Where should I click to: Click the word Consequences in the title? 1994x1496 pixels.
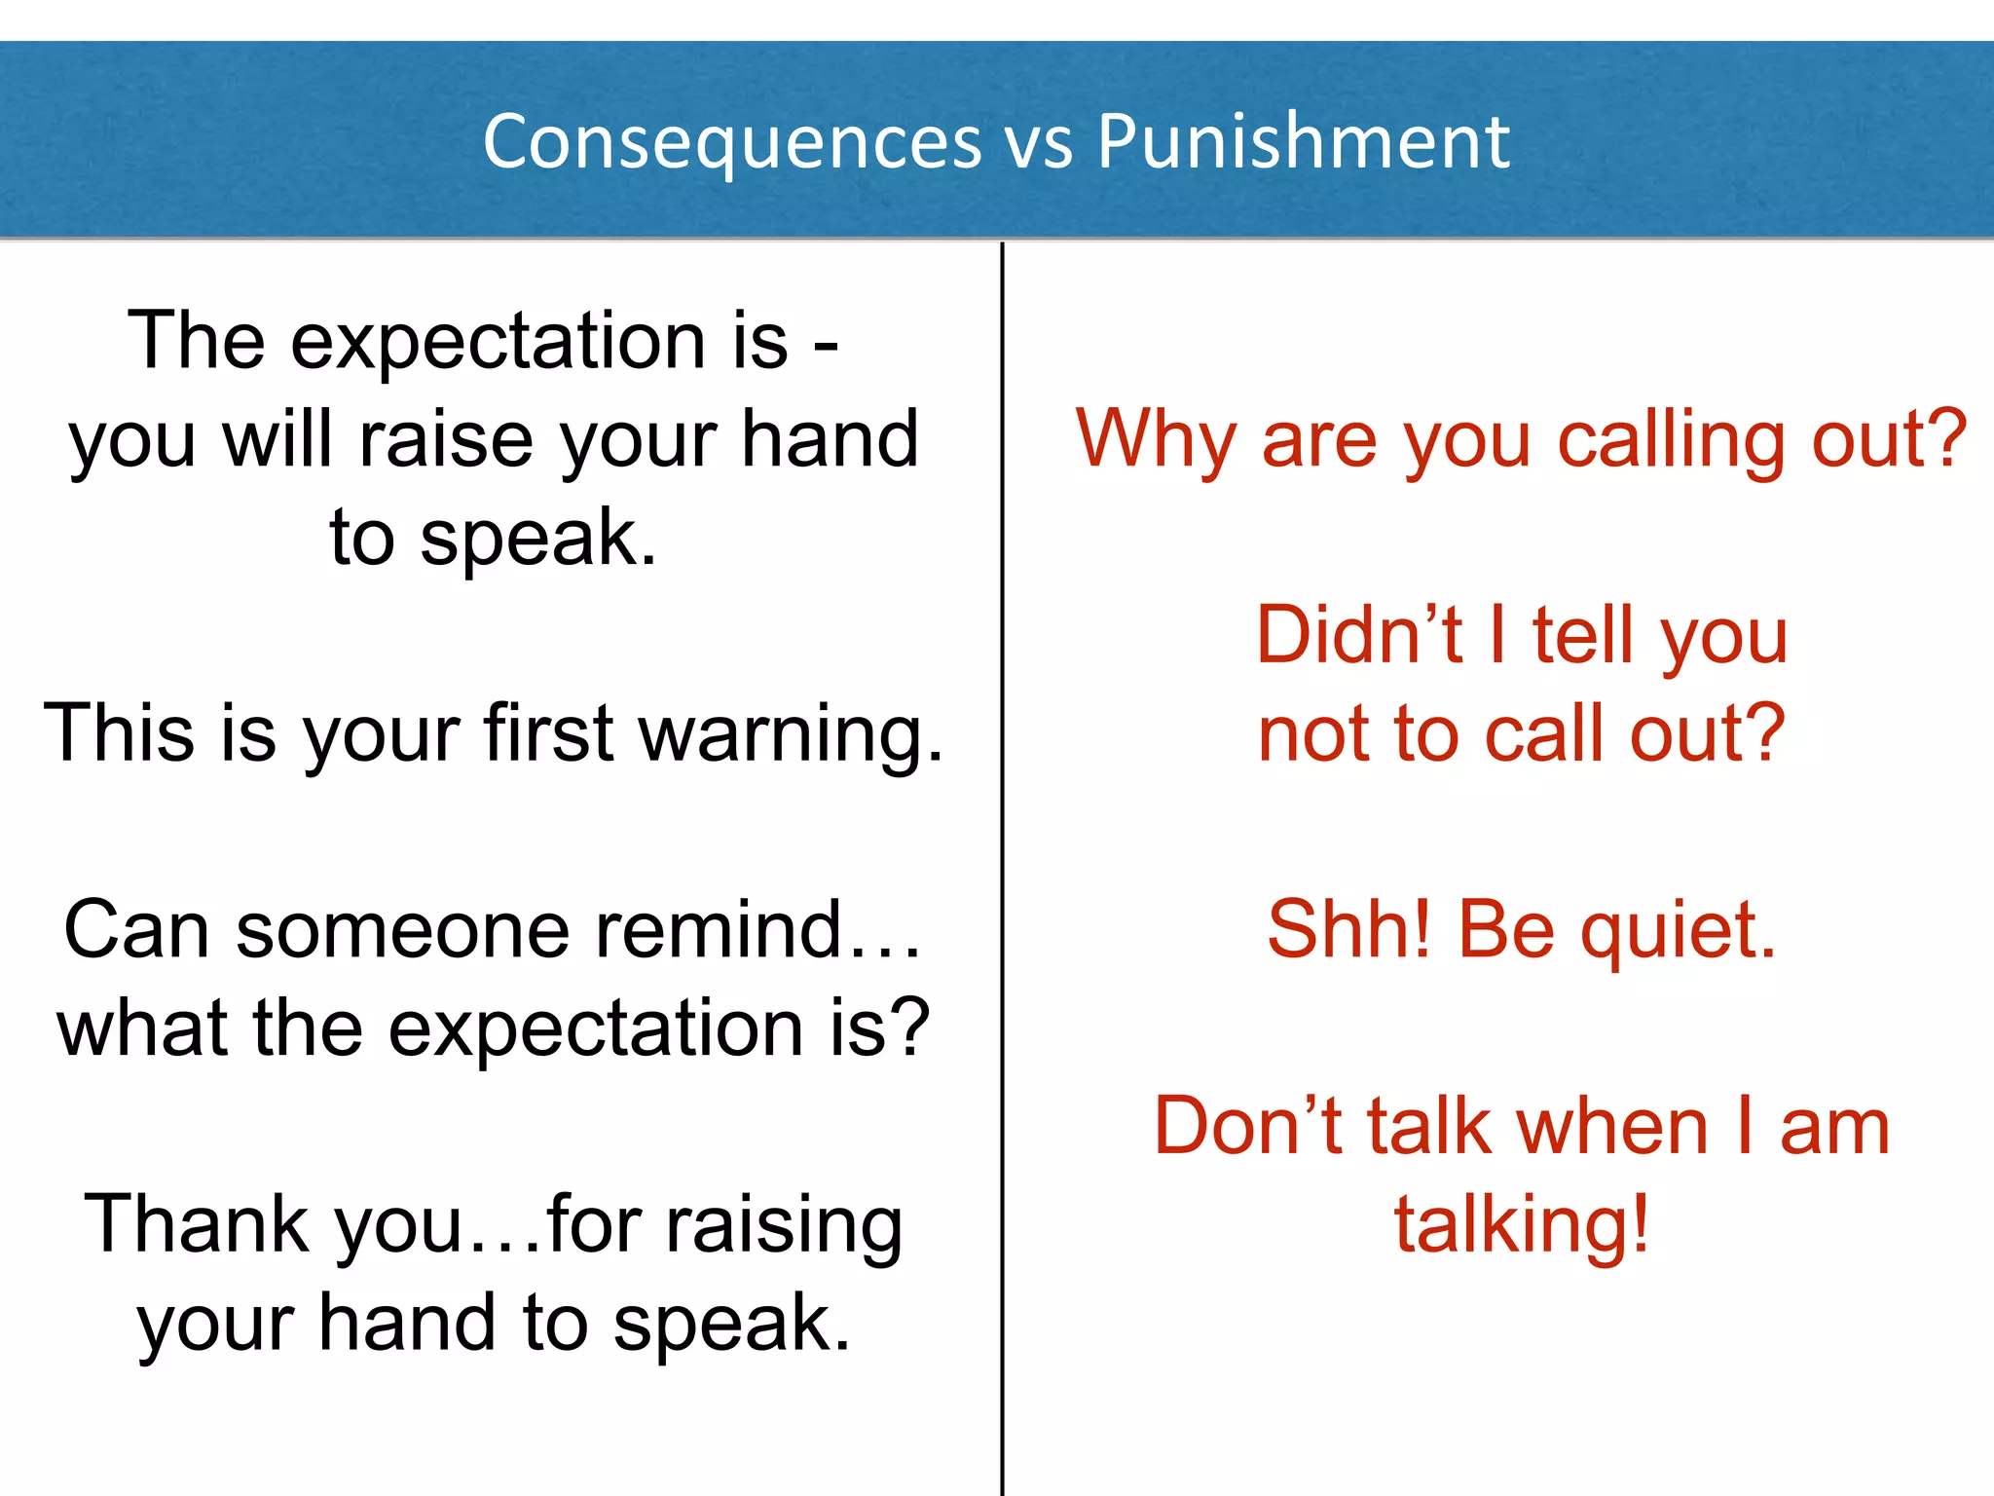(732, 142)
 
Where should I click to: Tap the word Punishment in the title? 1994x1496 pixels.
(1304, 142)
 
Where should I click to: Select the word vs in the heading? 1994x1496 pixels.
(1039, 146)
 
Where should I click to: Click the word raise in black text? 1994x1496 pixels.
(446, 440)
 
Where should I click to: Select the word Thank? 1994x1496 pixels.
(195, 1225)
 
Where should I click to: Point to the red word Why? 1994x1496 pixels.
(1156, 440)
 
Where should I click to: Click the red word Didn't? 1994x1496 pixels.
(1359, 635)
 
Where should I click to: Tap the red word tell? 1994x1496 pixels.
(1583, 635)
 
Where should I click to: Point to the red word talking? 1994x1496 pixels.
(1522, 1225)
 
